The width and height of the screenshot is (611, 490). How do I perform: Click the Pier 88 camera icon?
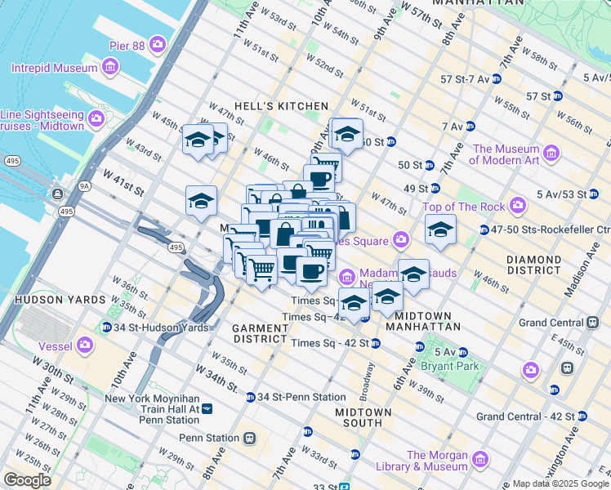pyautogui.click(x=157, y=43)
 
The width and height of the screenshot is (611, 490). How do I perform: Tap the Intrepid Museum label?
pyautogui.click(x=55, y=67)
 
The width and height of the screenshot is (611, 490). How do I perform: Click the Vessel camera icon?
pyautogui.click(x=85, y=345)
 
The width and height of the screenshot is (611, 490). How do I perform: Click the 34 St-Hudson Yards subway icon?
pyautogui.click(x=106, y=327)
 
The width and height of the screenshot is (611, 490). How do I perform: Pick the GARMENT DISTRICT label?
pyautogui.click(x=260, y=334)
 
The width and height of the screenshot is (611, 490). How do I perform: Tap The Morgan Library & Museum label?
pyautogui.click(x=438, y=461)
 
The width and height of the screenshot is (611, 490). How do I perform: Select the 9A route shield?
pyautogui.click(x=84, y=185)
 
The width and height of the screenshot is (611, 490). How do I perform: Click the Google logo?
pyautogui.click(x=26, y=479)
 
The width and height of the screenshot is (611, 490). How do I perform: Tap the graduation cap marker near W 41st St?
pyautogui.click(x=201, y=202)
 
